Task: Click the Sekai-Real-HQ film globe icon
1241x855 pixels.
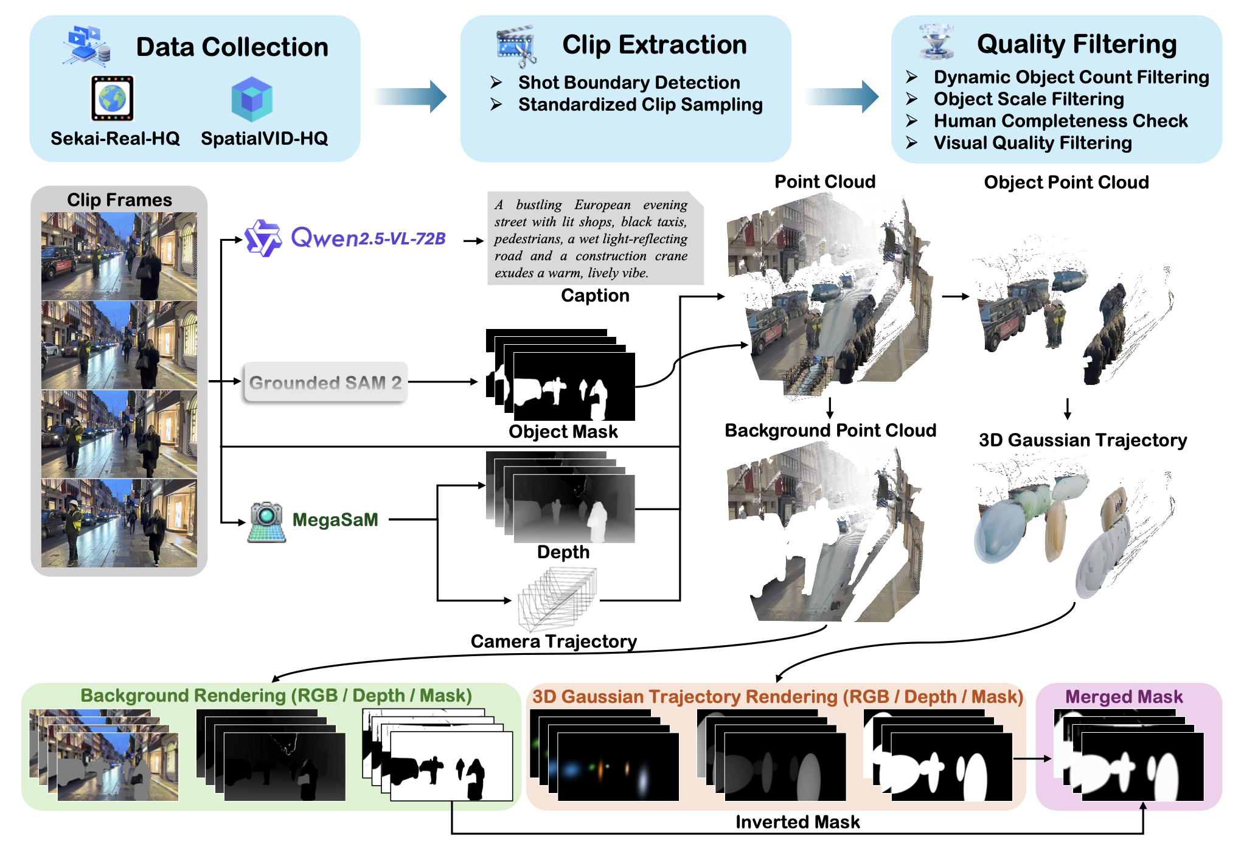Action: click(x=112, y=99)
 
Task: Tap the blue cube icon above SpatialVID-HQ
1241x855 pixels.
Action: click(x=251, y=99)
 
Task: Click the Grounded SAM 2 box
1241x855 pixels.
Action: click(x=325, y=382)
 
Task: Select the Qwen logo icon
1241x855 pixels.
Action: click(x=263, y=238)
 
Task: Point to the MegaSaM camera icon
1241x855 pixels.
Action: click(x=266, y=522)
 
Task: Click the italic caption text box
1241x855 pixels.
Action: click(x=594, y=239)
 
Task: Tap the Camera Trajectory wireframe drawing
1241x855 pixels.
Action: click(x=557, y=599)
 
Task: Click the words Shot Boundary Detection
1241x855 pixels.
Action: click(x=629, y=82)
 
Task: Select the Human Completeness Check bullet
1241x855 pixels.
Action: click(x=1060, y=121)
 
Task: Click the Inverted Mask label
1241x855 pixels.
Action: click(x=797, y=822)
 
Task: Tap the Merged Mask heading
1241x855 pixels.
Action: click(x=1124, y=696)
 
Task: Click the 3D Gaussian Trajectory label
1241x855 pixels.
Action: click(x=1082, y=440)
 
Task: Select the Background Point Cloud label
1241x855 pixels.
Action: click(x=830, y=431)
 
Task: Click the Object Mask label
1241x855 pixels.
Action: click(x=563, y=432)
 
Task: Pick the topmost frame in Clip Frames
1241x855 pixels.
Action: click(x=119, y=256)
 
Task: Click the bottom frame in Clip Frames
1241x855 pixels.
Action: click(x=119, y=523)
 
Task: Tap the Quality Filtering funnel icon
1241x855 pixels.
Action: click(x=936, y=41)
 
